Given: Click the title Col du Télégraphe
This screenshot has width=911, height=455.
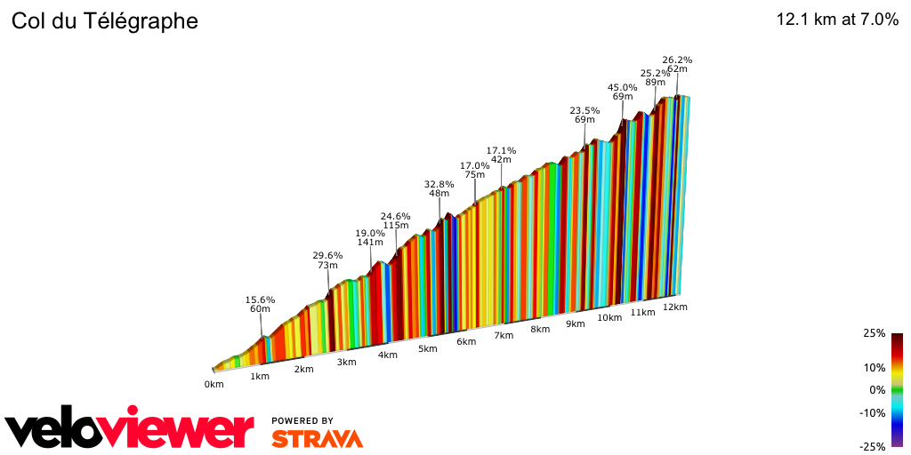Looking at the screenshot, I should click(104, 20).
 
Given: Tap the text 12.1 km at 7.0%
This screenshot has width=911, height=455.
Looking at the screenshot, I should click(837, 20).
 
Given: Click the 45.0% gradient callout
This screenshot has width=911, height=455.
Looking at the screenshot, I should click(622, 87).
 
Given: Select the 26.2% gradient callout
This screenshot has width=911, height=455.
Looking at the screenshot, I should click(677, 60).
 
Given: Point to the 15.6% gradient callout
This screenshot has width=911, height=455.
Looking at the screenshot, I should click(260, 299).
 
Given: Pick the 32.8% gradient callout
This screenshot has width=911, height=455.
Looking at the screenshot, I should click(439, 184).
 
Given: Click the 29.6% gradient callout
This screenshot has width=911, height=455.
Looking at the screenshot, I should click(327, 255).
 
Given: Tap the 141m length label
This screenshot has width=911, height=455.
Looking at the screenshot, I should click(370, 243).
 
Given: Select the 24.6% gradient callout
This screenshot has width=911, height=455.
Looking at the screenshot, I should click(395, 216).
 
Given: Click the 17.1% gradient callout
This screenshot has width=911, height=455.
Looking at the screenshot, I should click(501, 150).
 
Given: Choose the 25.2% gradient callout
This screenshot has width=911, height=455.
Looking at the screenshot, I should click(655, 73).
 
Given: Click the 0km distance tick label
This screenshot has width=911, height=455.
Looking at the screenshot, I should click(214, 384).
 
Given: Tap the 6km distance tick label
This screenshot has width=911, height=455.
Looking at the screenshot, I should click(466, 342).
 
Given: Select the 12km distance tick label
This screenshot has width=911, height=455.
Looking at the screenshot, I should click(674, 307).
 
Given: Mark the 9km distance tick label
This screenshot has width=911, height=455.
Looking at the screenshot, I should click(575, 323).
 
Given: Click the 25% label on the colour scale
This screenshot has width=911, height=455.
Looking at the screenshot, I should click(874, 333).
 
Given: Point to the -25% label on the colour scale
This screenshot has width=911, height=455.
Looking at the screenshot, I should click(873, 447).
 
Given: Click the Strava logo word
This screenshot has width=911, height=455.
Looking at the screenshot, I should click(317, 438).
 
